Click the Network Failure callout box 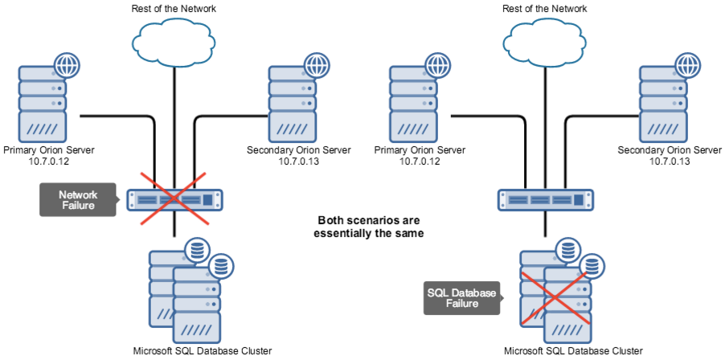pos(78,199)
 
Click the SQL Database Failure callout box pos(461,297)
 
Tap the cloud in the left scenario pos(174,36)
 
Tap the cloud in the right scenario pos(545,36)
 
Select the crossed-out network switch pos(174,199)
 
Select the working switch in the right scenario pos(545,199)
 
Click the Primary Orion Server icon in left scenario pos(43,103)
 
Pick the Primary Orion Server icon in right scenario pos(413,103)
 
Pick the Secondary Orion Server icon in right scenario pos(664,103)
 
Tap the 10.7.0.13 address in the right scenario pos(670,162)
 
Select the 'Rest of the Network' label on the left pos(174,8)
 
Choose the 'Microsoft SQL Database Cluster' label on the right pos(573,351)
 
